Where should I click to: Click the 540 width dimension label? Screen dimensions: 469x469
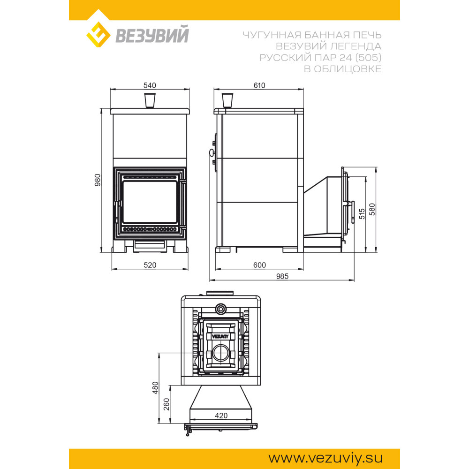[150, 85]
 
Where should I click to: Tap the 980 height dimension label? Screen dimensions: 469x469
[98, 180]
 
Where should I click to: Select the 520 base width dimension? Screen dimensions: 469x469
[150, 265]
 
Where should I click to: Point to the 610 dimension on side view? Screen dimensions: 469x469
[259, 85]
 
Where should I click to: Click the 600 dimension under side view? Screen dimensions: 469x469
[259, 265]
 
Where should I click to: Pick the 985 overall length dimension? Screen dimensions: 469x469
[282, 276]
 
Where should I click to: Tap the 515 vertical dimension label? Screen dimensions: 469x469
[362, 214]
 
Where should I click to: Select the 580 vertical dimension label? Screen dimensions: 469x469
[372, 209]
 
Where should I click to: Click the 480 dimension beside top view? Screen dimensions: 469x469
[155, 388]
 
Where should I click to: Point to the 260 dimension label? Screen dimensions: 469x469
[166, 404]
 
